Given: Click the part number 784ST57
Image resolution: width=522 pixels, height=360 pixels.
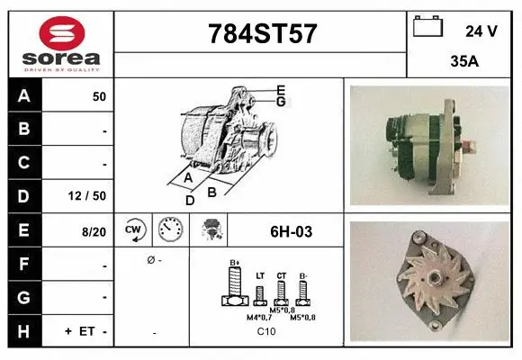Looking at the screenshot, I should click(x=262, y=34).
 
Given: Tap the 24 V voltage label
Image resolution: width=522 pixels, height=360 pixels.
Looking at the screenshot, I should click(x=481, y=31).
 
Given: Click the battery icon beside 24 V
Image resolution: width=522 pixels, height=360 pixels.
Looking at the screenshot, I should click(x=427, y=28).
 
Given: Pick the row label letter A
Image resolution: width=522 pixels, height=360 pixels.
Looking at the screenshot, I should click(x=24, y=96).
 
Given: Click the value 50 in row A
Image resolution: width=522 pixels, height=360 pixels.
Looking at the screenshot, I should click(x=99, y=96).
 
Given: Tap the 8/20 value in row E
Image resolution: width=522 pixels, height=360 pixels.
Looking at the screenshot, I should click(x=94, y=230).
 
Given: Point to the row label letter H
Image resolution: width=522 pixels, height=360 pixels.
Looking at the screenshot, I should click(x=24, y=331).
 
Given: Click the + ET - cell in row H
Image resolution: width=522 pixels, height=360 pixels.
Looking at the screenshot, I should click(x=86, y=331).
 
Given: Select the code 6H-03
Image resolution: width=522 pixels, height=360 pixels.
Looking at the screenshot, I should click(x=291, y=231).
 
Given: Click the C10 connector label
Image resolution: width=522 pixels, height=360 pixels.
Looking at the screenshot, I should click(x=266, y=332).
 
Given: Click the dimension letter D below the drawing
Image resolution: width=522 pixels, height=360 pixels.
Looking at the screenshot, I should click(x=189, y=201).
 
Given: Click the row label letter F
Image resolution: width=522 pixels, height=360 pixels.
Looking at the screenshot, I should click(x=24, y=264).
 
